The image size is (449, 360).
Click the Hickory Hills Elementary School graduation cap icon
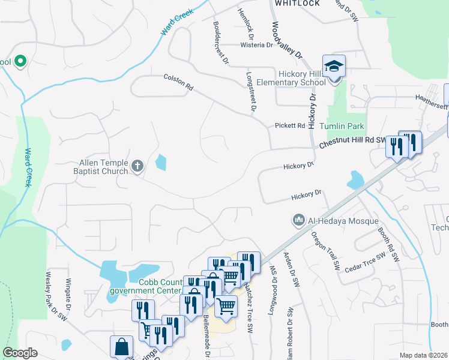pyautogui.click(x=334, y=65)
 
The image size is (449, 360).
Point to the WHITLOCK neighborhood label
pyautogui.click(x=297, y=3)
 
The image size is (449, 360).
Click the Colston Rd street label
pyautogui.click(x=178, y=83)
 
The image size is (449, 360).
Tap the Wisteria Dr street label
pyautogui.click(x=256, y=45)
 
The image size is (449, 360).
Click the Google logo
pyautogui.click(x=20, y=353)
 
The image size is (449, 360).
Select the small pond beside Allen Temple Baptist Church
pyautogui.click(x=160, y=163)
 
